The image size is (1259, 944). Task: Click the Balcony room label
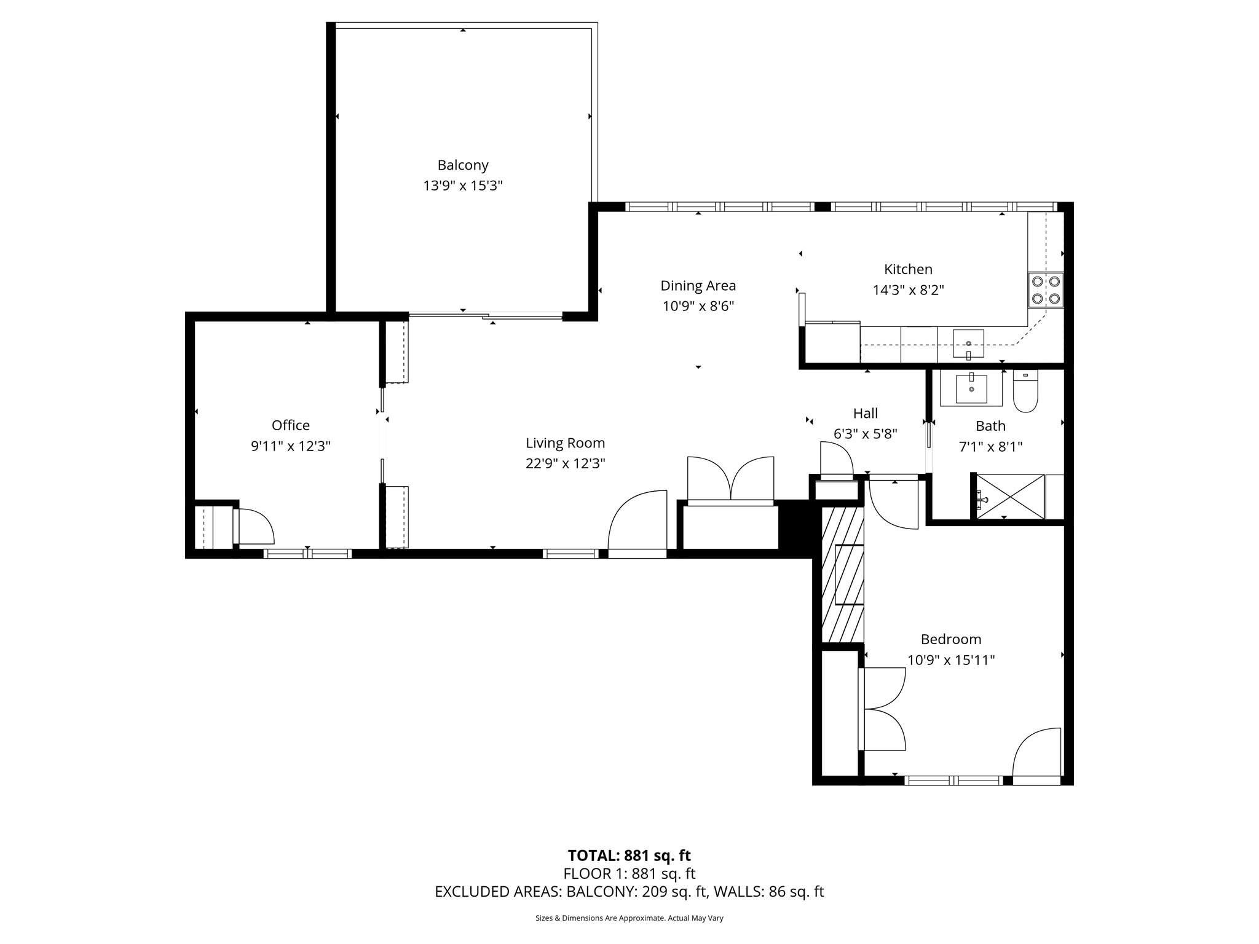463,165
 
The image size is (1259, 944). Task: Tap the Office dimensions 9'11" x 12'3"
291,446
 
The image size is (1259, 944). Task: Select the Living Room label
565,443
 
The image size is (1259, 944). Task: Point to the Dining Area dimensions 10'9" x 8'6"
698,306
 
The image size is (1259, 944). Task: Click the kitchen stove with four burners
1045,290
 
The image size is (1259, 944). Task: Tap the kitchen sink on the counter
968,344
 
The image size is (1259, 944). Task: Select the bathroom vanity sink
971,388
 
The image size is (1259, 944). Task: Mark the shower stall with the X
1010,497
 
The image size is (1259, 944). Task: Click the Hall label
865,414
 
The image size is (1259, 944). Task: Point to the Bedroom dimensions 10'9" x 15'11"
951,660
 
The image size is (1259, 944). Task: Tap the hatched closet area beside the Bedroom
843,574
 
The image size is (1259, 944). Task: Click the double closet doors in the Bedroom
882,709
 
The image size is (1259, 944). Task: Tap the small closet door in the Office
254,527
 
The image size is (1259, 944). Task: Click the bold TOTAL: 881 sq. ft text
629,855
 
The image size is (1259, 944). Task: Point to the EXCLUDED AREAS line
629,892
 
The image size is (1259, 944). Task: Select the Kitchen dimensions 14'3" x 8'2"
908,290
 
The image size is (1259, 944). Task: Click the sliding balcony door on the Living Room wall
486,317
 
